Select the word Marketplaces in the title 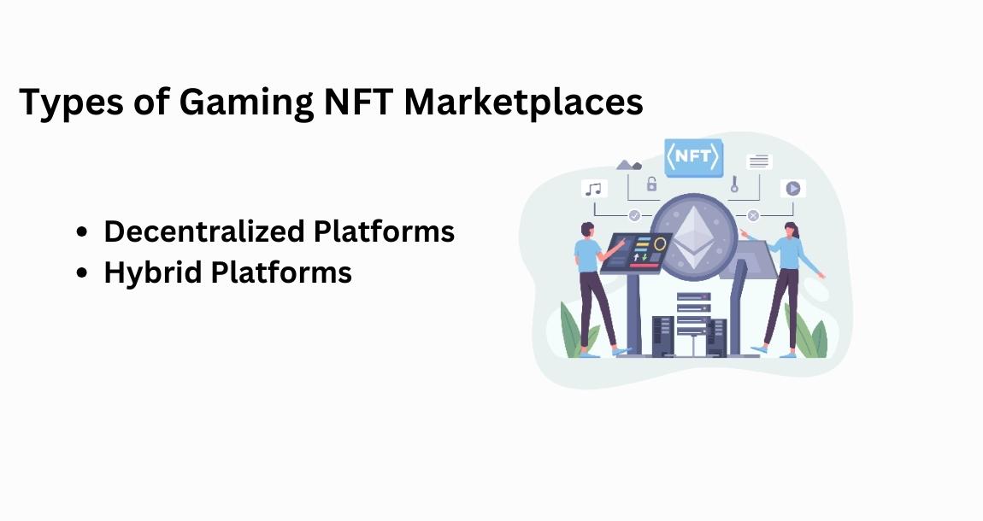click(x=524, y=102)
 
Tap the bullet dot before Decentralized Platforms click(x=82, y=232)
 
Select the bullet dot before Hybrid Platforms click(x=82, y=273)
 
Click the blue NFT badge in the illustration click(x=693, y=157)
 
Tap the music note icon click(x=593, y=189)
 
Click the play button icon click(x=792, y=188)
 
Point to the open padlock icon click(x=651, y=183)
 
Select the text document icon click(x=758, y=161)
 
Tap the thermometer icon click(x=733, y=184)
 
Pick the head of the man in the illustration click(x=588, y=230)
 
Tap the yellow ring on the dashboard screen click(x=659, y=244)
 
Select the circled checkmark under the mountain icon click(x=634, y=216)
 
